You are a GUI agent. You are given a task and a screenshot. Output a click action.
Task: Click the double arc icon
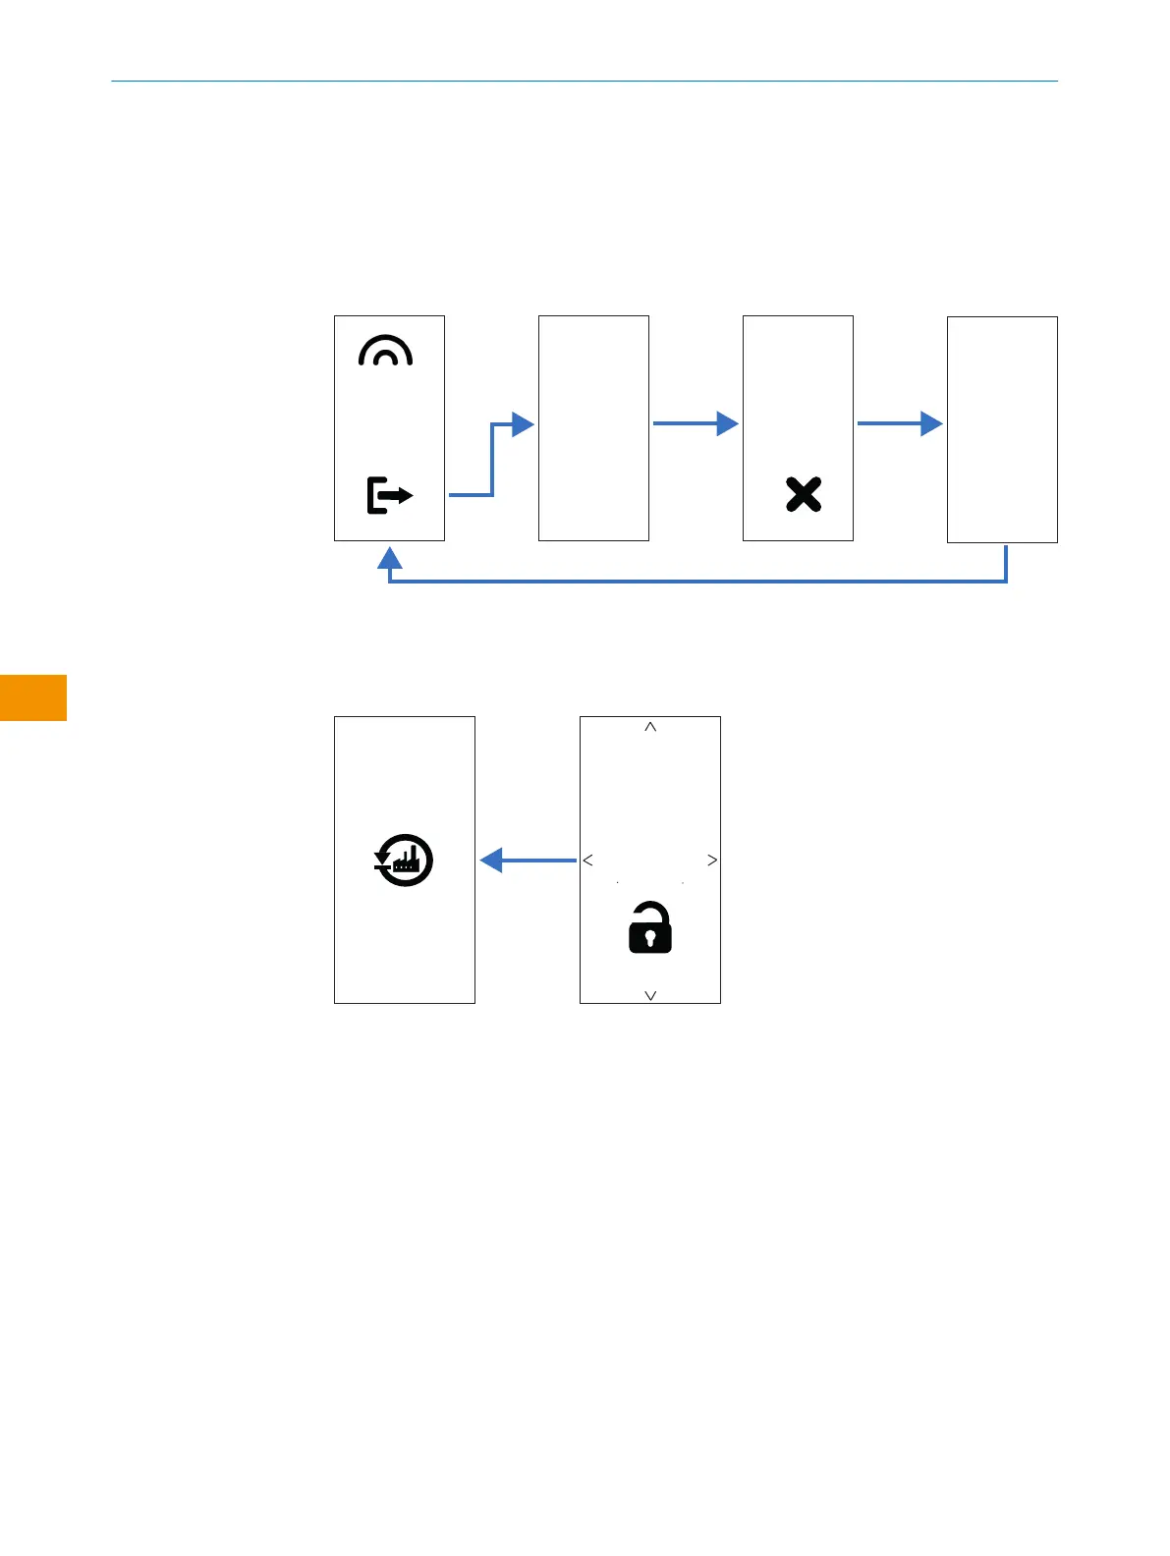[386, 351]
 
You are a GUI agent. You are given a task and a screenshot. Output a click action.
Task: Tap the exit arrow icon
[389, 495]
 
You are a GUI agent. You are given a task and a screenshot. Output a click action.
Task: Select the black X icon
[804, 494]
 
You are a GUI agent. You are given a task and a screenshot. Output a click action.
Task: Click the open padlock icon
[650, 929]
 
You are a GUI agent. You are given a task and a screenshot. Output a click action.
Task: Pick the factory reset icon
[404, 861]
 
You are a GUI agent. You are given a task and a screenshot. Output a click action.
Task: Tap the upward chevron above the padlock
[650, 728]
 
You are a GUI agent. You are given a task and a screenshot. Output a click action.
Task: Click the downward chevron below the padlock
[650, 995]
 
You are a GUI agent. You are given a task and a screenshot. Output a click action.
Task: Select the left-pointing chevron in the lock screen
[588, 861]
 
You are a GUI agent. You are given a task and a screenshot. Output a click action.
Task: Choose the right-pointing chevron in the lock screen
[712, 861]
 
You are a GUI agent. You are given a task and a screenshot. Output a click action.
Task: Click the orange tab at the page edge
[32, 697]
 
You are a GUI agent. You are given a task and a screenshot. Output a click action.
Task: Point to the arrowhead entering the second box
[523, 424]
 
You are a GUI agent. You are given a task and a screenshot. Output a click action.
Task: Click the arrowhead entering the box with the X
[727, 423]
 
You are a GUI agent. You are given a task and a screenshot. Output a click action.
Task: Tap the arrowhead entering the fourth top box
[931, 423]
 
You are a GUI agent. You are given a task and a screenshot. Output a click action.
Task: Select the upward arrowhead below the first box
[390, 559]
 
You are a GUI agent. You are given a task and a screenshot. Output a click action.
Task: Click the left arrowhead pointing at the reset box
[492, 861]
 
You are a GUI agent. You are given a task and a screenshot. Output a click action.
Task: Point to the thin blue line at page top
[585, 81]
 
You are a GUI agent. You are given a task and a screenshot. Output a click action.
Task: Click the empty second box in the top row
[593, 428]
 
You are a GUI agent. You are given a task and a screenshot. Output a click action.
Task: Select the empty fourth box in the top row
[1002, 429]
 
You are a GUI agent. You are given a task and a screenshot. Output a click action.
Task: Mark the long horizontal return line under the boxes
[697, 582]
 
